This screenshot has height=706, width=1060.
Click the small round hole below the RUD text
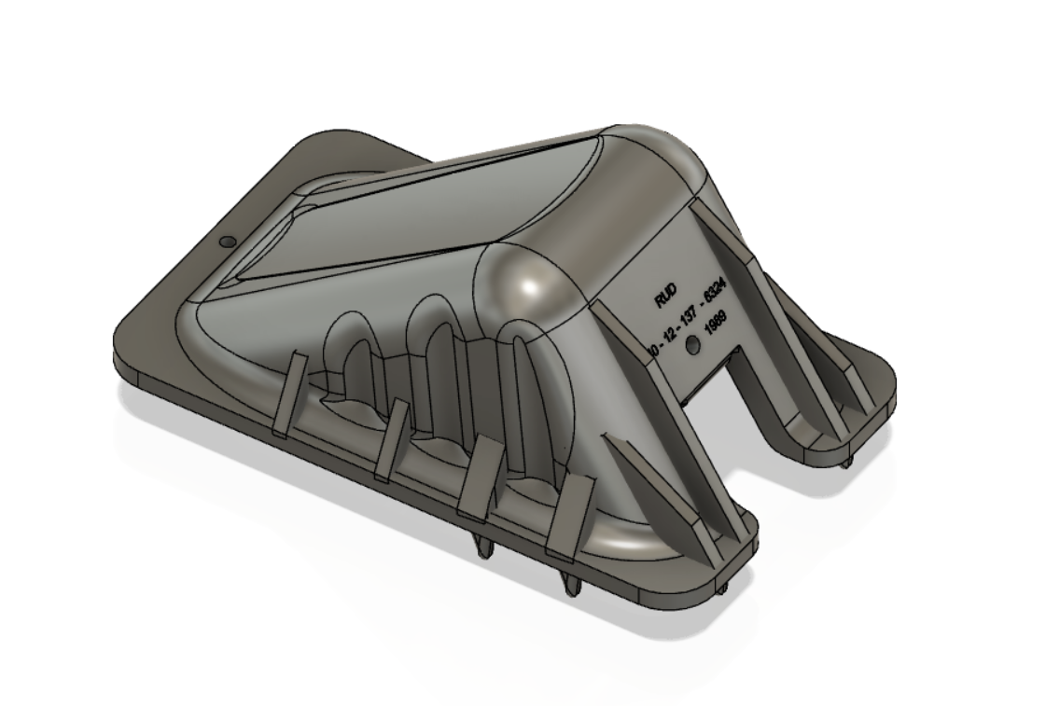pos(691,346)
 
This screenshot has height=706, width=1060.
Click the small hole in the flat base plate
pos(226,242)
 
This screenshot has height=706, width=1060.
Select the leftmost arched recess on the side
pos(348,359)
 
